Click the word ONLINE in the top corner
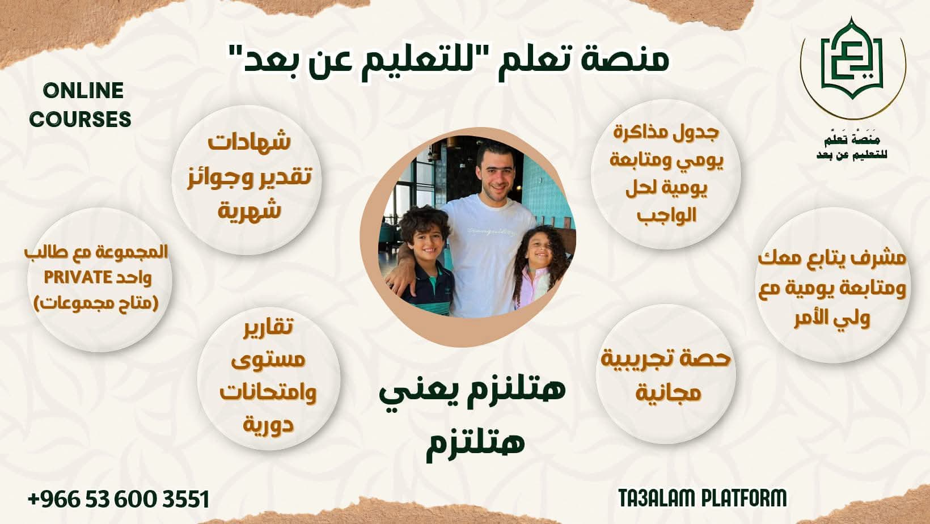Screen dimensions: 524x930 (x=83, y=91)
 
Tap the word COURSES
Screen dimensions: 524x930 (x=80, y=119)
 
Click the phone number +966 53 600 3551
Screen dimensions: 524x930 (x=119, y=499)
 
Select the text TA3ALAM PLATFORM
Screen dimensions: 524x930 (x=703, y=498)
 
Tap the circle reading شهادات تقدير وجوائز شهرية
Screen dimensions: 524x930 (x=247, y=176)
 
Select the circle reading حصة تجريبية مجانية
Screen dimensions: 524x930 (x=666, y=374)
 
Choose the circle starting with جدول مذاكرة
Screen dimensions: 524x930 (x=666, y=173)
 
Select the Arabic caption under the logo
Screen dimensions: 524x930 (x=852, y=146)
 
